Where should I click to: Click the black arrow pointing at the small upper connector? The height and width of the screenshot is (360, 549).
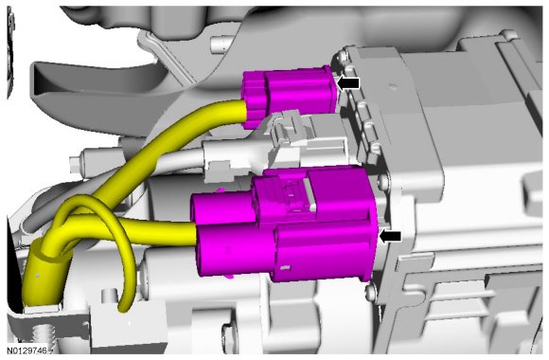tap(348, 83)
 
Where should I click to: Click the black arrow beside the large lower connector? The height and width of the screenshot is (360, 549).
tap(390, 236)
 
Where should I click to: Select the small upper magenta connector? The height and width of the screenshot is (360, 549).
tap(290, 96)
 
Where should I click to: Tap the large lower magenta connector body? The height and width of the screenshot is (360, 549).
tap(284, 224)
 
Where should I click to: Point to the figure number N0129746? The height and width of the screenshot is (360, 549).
tap(29, 351)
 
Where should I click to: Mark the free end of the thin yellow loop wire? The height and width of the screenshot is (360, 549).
tap(123, 308)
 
